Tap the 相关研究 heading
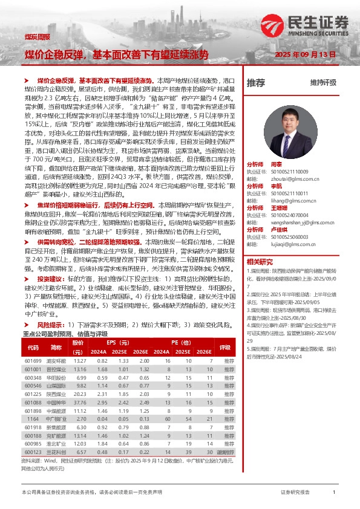click(x=261, y=261)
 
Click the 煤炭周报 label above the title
click(x=37, y=37)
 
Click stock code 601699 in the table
click(x=33, y=361)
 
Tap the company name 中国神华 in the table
click(x=56, y=402)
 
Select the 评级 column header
click(x=225, y=348)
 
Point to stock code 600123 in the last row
click(x=33, y=451)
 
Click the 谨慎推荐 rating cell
click(x=225, y=451)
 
